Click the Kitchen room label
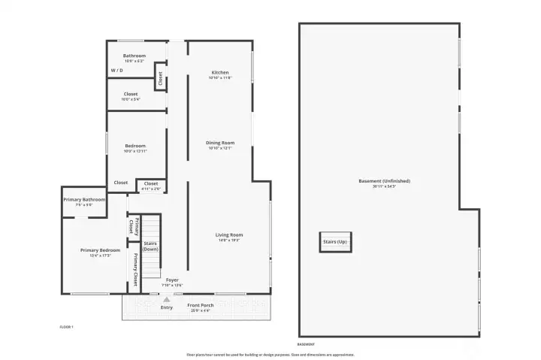coord(219,72)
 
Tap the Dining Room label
coord(220,142)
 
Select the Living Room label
coord(231,234)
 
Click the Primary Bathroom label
coord(84,199)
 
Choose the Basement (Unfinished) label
coord(384,180)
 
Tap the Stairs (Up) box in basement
coord(335,242)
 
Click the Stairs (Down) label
coord(151,246)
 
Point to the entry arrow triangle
coord(167,299)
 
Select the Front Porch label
coord(201,305)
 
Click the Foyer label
coord(173,280)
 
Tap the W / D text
coord(117,71)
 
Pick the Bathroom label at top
coord(134,55)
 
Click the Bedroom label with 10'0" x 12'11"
coord(135,146)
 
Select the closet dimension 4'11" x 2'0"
coord(151,188)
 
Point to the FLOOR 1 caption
coord(67,327)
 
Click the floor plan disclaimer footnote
coord(270,354)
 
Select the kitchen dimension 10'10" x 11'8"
coord(220,77)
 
